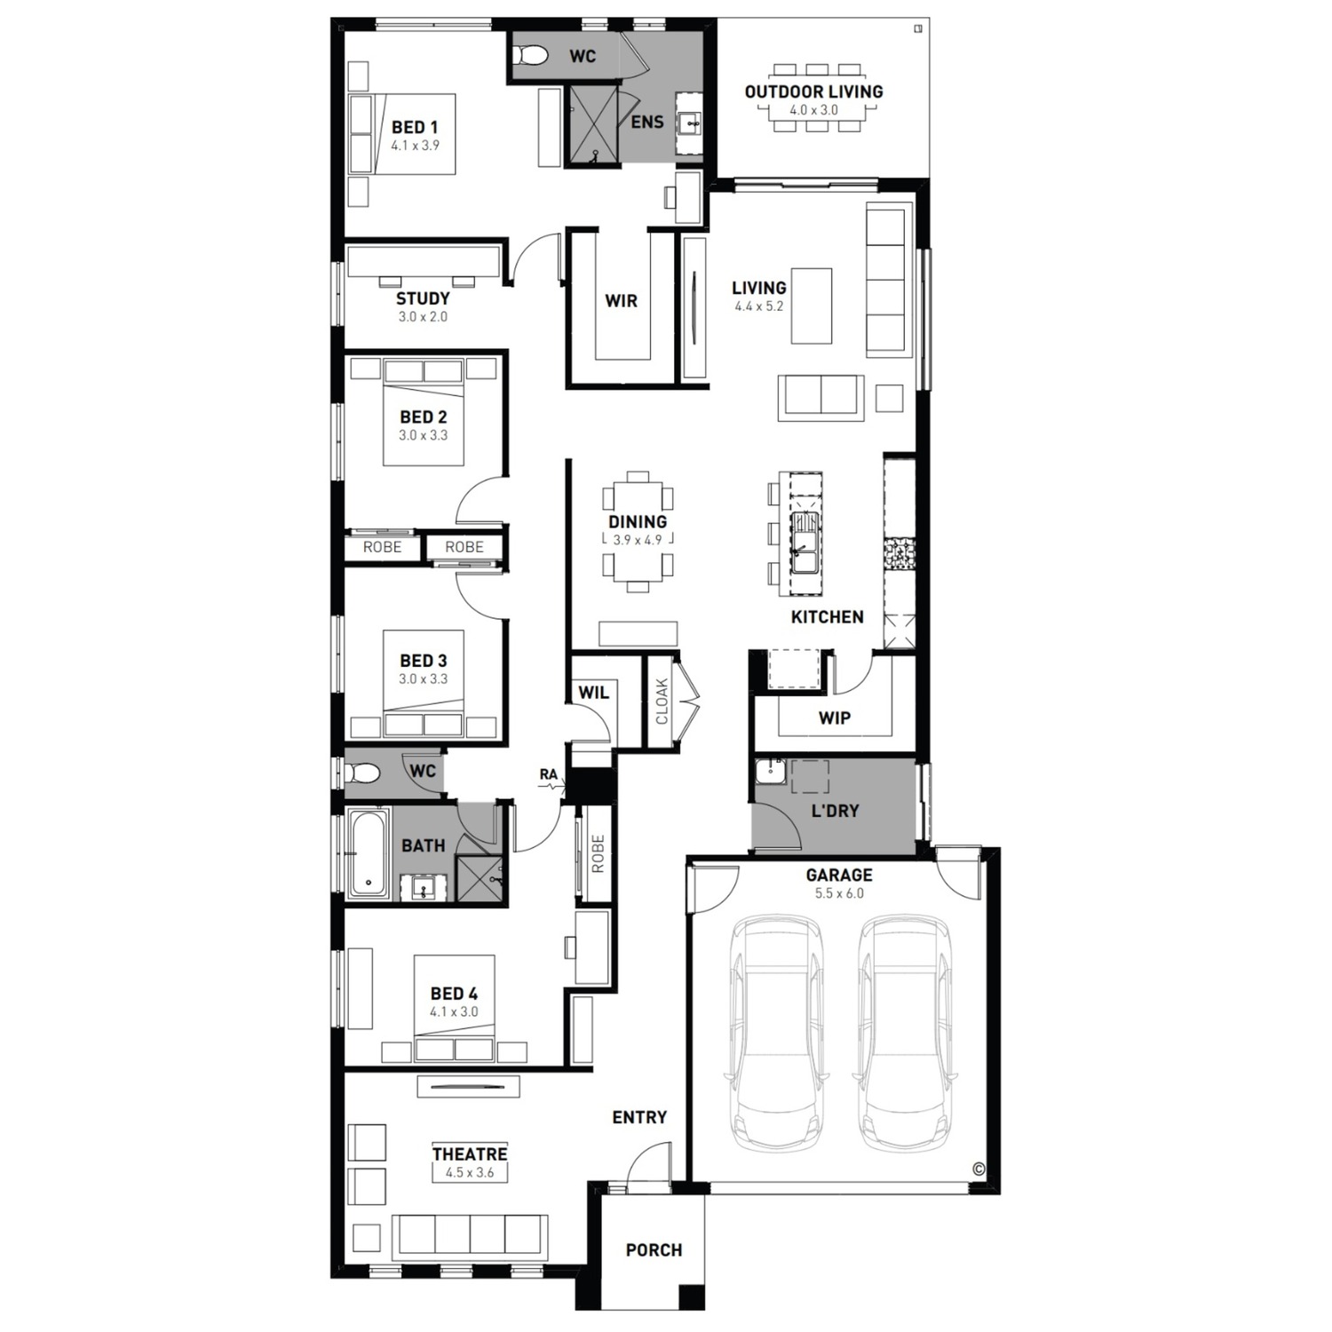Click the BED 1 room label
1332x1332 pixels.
pos(415,127)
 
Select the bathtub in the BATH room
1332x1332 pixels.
pos(367,852)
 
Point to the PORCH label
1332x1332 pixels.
pos(654,1250)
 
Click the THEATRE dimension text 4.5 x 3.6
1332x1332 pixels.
pos(470,1172)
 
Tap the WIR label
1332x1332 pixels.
pos(621,301)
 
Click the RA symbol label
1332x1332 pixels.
pos(548,774)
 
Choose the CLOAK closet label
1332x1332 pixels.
pos(662,702)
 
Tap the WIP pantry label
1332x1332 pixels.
pos(834,718)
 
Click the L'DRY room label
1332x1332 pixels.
pos(835,811)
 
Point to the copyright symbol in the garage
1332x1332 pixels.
pos(979,1169)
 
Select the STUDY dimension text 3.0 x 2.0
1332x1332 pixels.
pos(423,317)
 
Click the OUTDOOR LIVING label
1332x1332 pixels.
pos(813,91)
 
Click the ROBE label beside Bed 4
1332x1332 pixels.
pos(597,853)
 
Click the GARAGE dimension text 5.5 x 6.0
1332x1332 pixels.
pos(838,893)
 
